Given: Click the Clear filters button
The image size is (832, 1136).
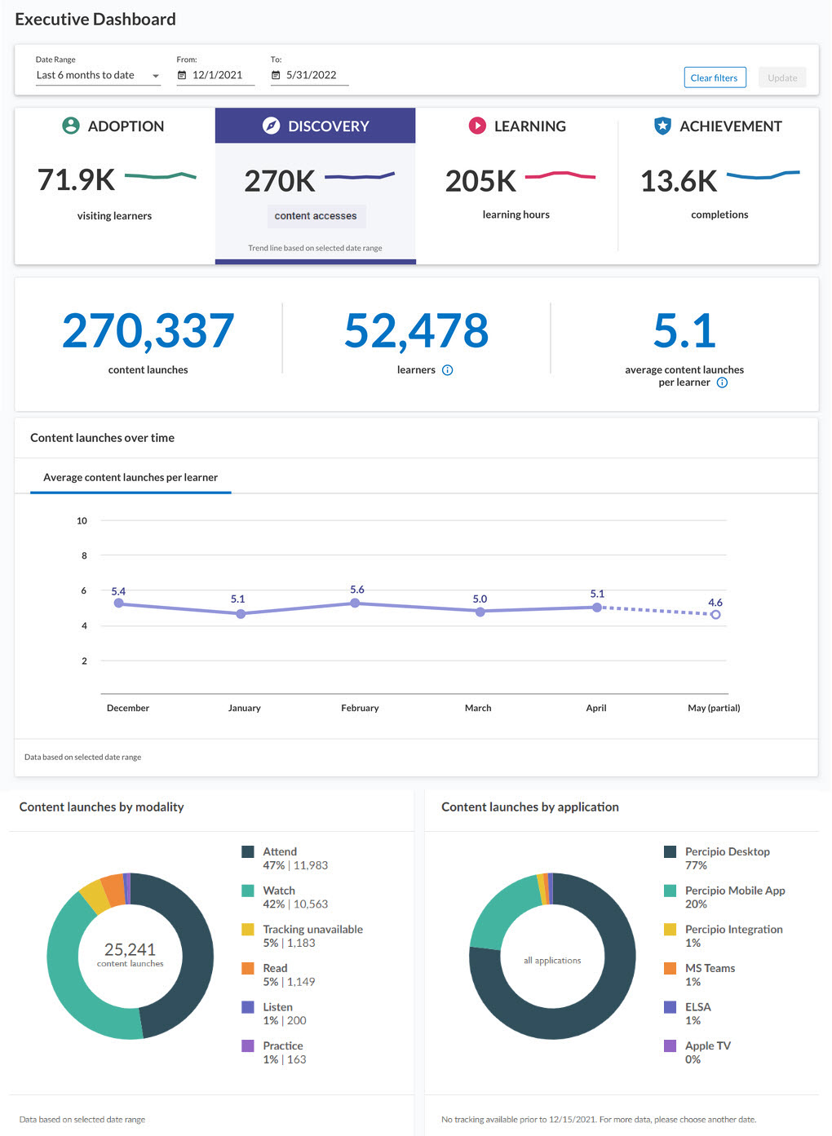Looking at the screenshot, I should coord(715,77).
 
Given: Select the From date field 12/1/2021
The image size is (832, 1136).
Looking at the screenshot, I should coord(216,75).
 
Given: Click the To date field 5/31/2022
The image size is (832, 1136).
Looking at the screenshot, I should coord(310,75).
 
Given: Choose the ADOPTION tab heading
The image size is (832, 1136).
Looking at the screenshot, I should coord(126,126).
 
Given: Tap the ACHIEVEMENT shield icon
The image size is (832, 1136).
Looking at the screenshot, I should coord(662,126).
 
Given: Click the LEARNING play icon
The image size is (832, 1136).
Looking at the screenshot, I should coord(477,126).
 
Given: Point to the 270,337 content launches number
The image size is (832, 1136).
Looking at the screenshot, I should coord(148,331).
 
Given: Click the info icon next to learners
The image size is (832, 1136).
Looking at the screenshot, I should coord(447,370).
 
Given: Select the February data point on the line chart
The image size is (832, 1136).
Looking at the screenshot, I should coord(355,603).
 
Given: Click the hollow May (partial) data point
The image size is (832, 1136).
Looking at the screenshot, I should coord(715,615).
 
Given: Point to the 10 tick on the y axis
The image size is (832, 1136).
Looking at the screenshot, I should coord(82,520).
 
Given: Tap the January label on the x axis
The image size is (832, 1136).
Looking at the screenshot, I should coord(244,708).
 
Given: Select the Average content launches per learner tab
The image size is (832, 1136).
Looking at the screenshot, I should coord(131,478).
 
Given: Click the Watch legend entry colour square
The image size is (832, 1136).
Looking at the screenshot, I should coord(248,891).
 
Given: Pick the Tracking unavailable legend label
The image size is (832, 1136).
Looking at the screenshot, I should coord(312,929).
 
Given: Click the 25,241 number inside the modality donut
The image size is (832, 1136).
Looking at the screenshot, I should coord(130,949).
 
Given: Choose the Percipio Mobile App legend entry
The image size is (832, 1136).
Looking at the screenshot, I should coord(735,891).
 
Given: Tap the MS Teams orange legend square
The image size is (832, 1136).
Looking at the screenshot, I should coord(670,968).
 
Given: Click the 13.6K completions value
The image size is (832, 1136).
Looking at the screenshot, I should coord(679,181).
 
